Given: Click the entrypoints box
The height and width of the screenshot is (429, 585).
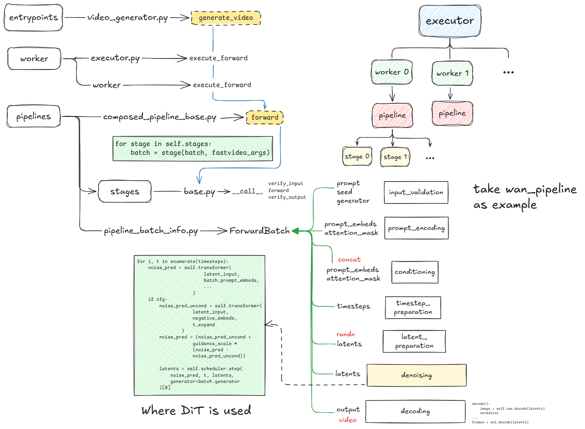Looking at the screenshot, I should [x=33, y=18].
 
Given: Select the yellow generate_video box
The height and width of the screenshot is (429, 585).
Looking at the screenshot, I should [x=226, y=18].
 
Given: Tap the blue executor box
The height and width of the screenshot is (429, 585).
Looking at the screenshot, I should [x=450, y=21].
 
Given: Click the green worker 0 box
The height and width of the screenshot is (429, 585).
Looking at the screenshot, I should [x=391, y=72].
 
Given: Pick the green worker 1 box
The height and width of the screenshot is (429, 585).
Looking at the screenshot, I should [x=452, y=73].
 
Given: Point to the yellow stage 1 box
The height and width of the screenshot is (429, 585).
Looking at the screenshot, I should [x=395, y=157].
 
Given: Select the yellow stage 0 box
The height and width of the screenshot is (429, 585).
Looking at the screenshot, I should [x=357, y=156].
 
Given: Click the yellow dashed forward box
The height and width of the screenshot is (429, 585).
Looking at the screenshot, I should [x=265, y=117].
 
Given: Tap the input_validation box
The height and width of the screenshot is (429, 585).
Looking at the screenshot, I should [x=416, y=193].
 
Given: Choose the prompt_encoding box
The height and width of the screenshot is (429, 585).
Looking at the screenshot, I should [x=416, y=228].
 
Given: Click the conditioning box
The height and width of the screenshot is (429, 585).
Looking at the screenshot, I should [x=415, y=272].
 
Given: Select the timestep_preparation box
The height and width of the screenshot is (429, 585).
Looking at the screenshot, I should [x=413, y=307].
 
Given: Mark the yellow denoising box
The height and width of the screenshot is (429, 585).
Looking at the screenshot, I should [x=416, y=375].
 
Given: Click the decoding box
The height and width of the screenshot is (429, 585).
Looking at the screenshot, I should [x=415, y=411].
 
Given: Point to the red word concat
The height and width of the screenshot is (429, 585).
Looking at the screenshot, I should [x=349, y=260].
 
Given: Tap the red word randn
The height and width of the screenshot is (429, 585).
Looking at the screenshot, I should [x=345, y=334].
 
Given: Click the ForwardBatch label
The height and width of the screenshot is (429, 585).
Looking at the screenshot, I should [x=260, y=231].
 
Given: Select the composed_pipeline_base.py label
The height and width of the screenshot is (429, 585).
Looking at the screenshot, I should [x=160, y=117].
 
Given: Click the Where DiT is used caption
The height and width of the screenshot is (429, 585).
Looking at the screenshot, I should [x=196, y=411].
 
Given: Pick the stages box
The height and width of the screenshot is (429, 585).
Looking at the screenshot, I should [x=124, y=192].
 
